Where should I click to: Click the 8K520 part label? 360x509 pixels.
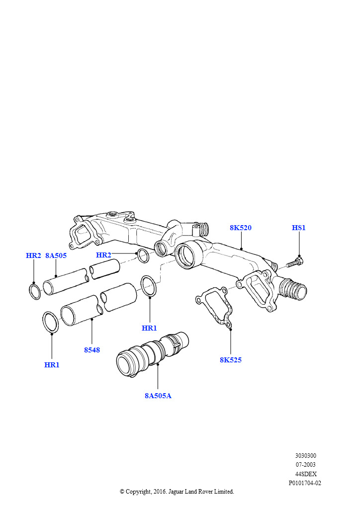click(241, 228)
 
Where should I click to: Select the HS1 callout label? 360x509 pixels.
click(299, 228)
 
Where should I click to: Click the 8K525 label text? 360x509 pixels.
click(231, 360)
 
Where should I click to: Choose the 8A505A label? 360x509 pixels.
click(158, 396)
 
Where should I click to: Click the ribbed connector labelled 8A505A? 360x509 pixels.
click(153, 354)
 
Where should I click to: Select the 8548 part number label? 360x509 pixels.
click(92, 350)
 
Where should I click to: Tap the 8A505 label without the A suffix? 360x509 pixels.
click(56, 255)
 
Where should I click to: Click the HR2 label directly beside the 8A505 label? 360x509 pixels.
click(33, 255)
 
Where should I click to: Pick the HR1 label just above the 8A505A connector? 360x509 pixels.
click(149, 328)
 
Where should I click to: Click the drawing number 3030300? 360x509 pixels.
click(305, 456)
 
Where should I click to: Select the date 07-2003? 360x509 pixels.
click(305, 465)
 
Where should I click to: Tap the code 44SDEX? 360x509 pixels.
click(305, 474)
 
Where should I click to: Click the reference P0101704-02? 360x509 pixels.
click(305, 483)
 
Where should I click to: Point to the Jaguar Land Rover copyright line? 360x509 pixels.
click(177, 492)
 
